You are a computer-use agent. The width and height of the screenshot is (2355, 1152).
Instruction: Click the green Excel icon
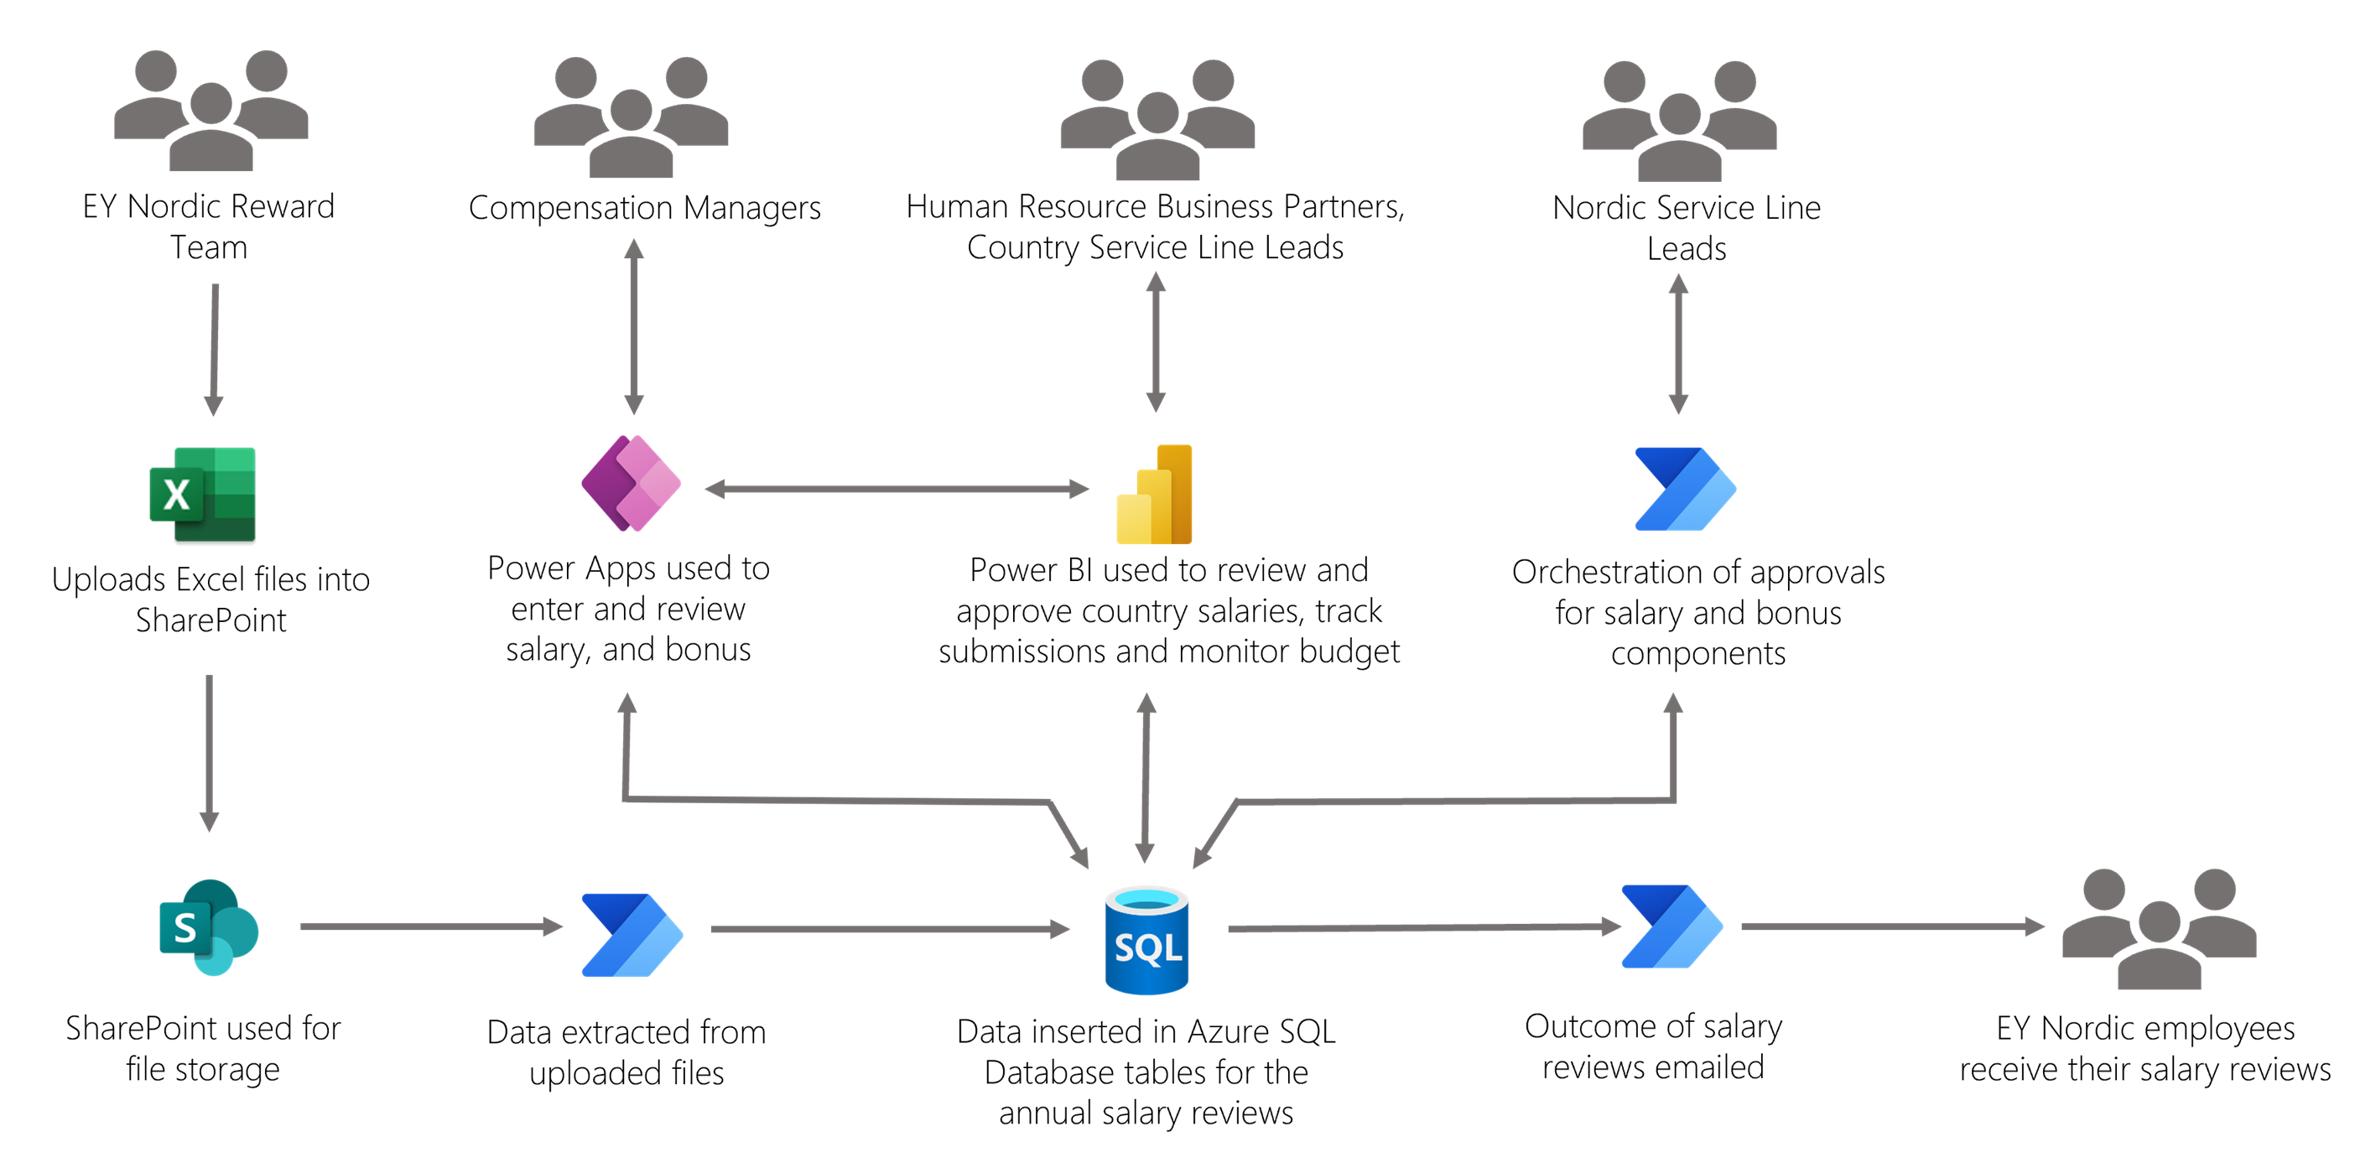203,494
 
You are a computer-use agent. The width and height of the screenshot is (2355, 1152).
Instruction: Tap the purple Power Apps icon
632,484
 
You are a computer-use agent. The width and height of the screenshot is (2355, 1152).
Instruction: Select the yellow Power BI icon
1155,495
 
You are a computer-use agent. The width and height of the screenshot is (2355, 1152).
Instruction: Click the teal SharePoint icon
210,927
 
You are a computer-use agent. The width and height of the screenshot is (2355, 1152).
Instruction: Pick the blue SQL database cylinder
1146,940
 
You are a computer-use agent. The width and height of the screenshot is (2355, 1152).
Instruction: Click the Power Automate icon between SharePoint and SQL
632,934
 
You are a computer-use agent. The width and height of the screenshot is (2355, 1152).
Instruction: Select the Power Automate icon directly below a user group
1685,489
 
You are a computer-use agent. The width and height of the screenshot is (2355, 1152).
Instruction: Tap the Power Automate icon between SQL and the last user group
1672,926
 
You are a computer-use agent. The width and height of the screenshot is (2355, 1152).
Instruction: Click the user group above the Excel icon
211,110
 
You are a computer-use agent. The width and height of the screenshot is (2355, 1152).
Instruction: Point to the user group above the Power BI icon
1157,120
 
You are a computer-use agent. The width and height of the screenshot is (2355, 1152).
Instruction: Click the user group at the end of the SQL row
2160,928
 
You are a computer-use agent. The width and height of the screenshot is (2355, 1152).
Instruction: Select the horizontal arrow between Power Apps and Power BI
896,489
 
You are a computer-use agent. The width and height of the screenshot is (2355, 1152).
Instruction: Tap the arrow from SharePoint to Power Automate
429,927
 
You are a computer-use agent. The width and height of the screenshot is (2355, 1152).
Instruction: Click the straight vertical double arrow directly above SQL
1146,777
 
